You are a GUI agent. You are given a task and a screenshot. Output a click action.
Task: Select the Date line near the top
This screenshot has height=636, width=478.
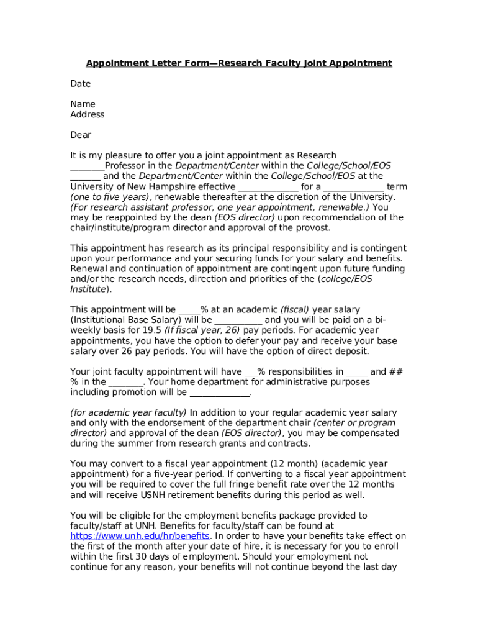(x=81, y=84)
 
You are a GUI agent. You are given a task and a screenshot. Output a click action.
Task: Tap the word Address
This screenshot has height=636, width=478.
(x=88, y=115)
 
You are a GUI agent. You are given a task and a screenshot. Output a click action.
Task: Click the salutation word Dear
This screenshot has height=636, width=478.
(x=81, y=135)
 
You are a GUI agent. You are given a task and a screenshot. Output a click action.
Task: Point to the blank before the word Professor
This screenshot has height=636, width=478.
(x=88, y=166)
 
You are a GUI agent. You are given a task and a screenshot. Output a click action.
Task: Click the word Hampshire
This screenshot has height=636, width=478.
(x=191, y=187)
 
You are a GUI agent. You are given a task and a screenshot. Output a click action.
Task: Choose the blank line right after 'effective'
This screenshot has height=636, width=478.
(x=268, y=187)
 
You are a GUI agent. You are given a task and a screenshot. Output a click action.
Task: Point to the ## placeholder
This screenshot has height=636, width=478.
(x=396, y=372)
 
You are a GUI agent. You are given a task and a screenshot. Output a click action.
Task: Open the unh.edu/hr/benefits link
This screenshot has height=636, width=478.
(x=140, y=536)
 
